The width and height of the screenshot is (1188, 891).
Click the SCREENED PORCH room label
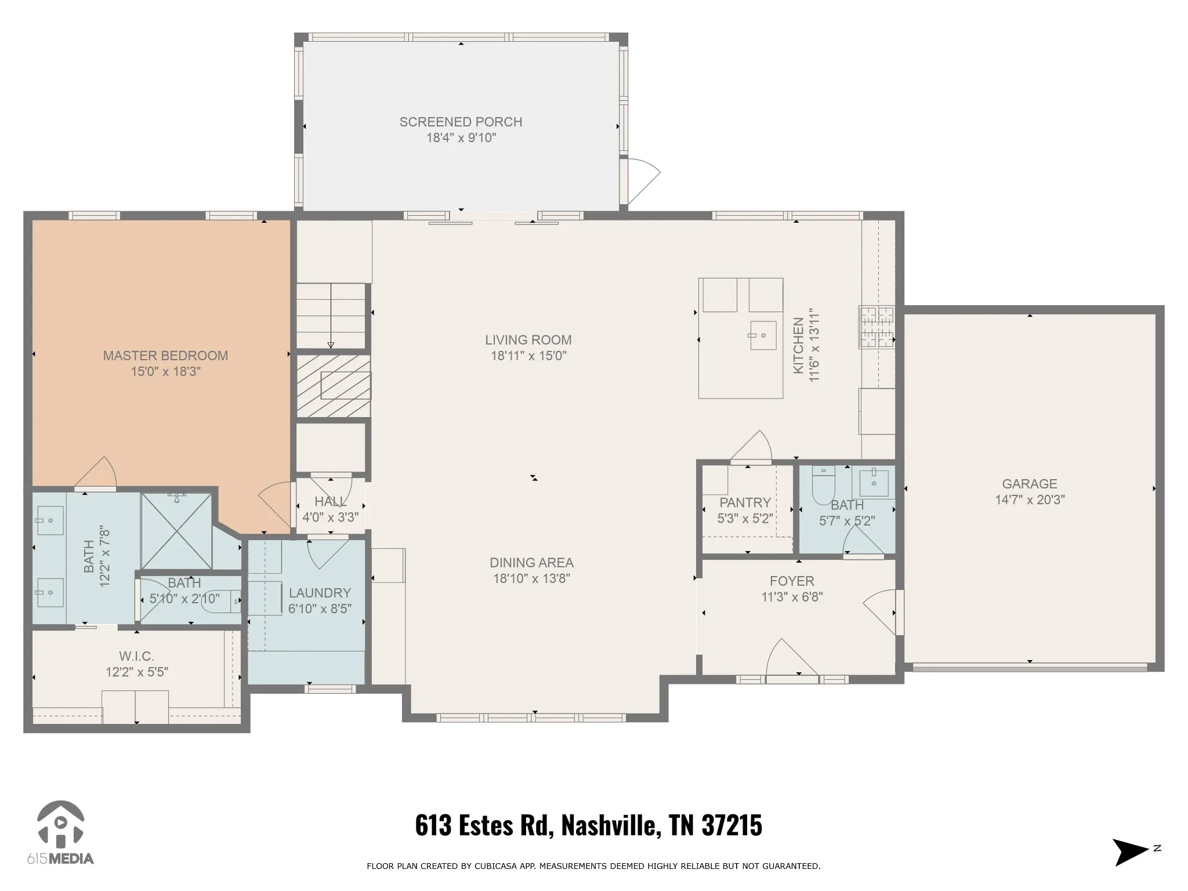point(461,122)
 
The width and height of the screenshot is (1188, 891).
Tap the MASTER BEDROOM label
point(165,356)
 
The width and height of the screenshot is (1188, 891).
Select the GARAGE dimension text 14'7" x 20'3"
point(1030,499)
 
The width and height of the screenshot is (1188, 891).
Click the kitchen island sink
point(763,335)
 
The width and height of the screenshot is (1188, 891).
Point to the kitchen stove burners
point(876,327)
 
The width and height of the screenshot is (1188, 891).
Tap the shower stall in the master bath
point(176,530)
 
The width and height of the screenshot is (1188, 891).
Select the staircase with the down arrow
point(331,316)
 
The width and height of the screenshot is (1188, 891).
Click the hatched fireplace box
point(334,386)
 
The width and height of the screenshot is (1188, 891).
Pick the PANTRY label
point(745,502)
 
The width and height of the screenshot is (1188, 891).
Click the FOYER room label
point(792,581)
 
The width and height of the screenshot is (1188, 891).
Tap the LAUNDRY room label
point(320,593)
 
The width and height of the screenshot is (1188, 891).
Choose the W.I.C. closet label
point(137,656)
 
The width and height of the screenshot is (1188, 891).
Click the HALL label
point(331,502)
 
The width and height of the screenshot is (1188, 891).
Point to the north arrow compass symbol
point(1131,852)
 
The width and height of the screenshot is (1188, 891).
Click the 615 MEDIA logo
point(60,832)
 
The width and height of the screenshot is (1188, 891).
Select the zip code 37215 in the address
point(731,825)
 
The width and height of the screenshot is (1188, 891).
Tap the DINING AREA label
point(531,563)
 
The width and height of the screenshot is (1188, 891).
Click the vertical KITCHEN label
point(798,345)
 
